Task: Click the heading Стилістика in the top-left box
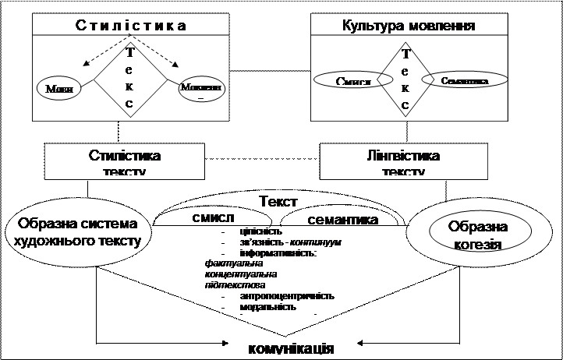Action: (130, 25)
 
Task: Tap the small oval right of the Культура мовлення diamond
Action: (463, 80)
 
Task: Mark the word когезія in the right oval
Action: (478, 244)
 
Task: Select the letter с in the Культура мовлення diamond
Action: (405, 104)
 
